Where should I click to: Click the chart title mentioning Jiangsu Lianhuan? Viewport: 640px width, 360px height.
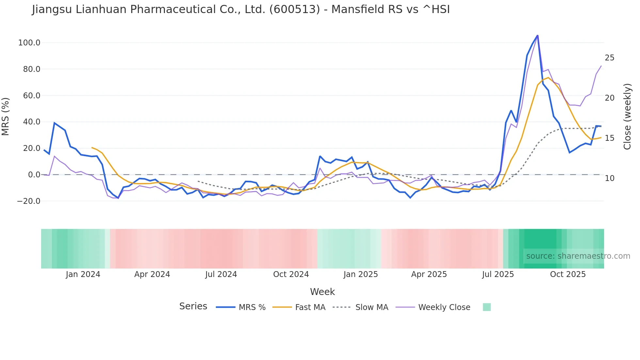pyautogui.click(x=241, y=9)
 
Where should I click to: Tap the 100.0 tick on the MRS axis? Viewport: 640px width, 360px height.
pyautogui.click(x=29, y=43)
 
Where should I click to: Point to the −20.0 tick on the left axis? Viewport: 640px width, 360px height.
pyautogui.click(x=28, y=201)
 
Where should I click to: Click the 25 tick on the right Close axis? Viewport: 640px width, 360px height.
pyautogui.click(x=609, y=58)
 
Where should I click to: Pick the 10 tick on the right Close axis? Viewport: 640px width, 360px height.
pyautogui.click(x=609, y=178)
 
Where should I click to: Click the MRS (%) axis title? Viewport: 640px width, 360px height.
pyautogui.click(x=6, y=117)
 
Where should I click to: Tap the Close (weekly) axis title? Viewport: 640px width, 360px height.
pyautogui.click(x=627, y=117)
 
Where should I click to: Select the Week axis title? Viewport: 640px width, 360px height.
pyautogui.click(x=322, y=292)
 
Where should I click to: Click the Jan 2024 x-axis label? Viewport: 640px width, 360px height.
pyautogui.click(x=83, y=274)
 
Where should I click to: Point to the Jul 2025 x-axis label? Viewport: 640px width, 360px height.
pyautogui.click(x=498, y=274)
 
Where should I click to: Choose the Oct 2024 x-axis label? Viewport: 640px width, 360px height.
pyautogui.click(x=291, y=274)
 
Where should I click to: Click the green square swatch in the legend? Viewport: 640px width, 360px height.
pyautogui.click(x=487, y=307)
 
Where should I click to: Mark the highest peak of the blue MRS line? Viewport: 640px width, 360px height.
pyautogui.click(x=537, y=36)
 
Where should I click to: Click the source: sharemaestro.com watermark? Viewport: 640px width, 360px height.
pyautogui.click(x=578, y=256)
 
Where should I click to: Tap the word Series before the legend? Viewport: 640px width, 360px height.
pyautogui.click(x=193, y=306)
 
